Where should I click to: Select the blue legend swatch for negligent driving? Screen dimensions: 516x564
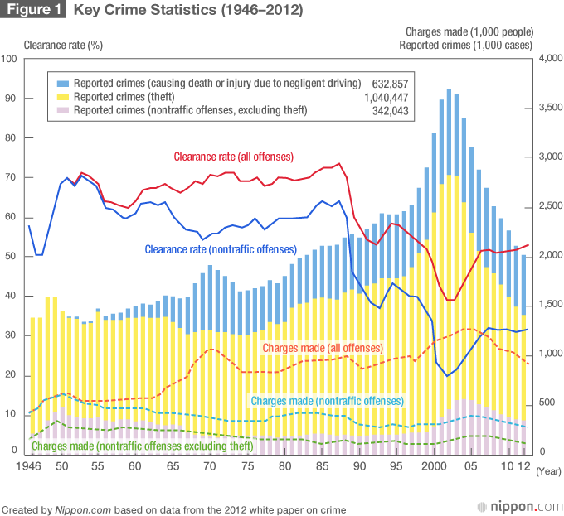pyautogui.click(x=62, y=84)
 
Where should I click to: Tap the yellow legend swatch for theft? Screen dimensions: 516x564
pyautogui.click(x=62, y=97)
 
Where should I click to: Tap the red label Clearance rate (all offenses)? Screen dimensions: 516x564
pyautogui.click(x=233, y=156)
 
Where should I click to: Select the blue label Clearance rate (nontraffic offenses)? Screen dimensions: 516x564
pyautogui.click(x=220, y=248)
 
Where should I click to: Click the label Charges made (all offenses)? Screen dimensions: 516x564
pyautogui.click(x=323, y=348)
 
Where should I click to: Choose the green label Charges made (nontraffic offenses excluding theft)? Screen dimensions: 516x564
pyautogui.click(x=142, y=446)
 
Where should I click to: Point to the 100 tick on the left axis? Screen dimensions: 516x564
pyautogui.click(x=10, y=59)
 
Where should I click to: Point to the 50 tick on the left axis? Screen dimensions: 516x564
pyautogui.click(x=10, y=256)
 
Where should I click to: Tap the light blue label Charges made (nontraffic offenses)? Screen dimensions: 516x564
pyautogui.click(x=327, y=401)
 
